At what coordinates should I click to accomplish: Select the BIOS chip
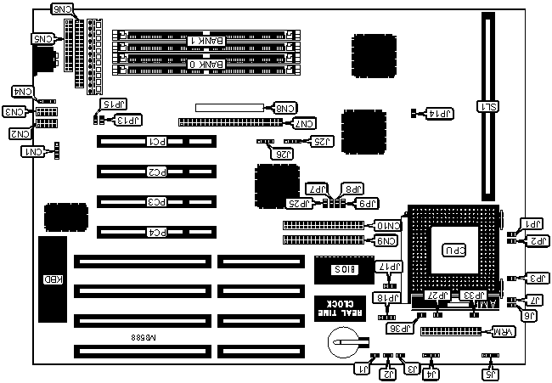(x=341, y=268)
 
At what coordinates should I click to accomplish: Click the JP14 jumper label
(x=442, y=113)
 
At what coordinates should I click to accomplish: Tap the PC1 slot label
(x=157, y=142)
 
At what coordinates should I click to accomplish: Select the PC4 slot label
(x=157, y=231)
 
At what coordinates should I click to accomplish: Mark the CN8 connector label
(x=284, y=108)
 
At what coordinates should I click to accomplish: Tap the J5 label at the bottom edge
(x=489, y=373)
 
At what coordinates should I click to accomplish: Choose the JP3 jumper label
(x=535, y=278)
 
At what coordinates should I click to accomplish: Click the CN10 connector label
(x=386, y=226)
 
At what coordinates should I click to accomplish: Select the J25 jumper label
(x=323, y=140)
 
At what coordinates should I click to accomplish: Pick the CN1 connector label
(x=32, y=151)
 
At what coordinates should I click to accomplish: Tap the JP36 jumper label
(x=398, y=328)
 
